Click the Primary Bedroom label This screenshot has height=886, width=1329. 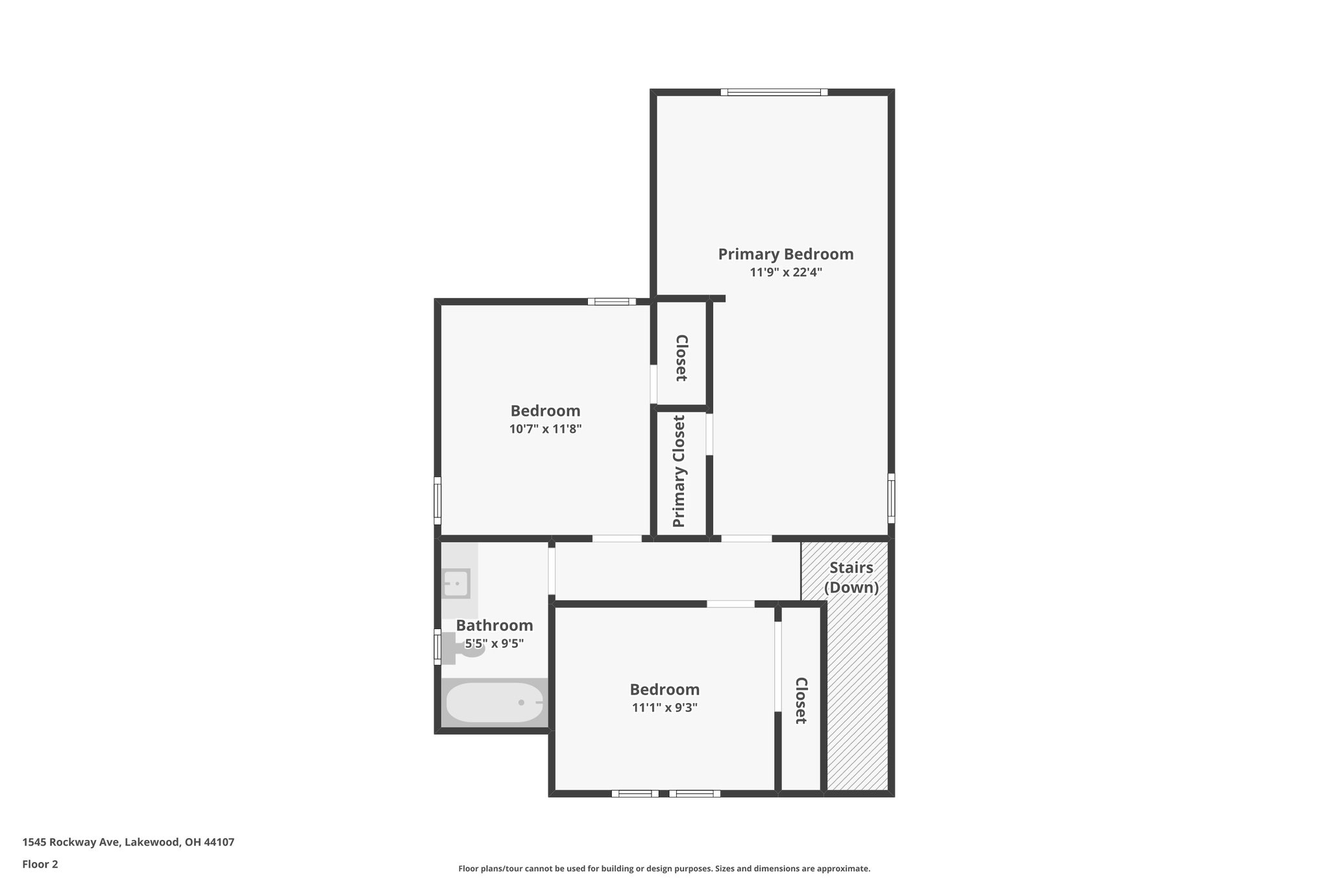pyautogui.click(x=785, y=254)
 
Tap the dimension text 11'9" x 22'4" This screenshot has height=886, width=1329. pyautogui.click(x=785, y=273)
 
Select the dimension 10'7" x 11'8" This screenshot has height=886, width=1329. pyautogui.click(x=545, y=429)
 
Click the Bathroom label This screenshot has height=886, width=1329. pyautogui.click(x=494, y=626)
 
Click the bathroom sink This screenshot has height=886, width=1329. pyautogui.click(x=456, y=584)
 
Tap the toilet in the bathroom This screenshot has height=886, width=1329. pyautogui.click(x=465, y=648)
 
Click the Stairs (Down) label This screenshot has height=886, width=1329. pyautogui.click(x=851, y=577)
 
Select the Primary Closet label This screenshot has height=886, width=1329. pyautogui.click(x=679, y=471)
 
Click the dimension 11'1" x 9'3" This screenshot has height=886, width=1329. pyautogui.click(x=664, y=708)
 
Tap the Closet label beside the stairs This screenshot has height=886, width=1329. pyautogui.click(x=801, y=700)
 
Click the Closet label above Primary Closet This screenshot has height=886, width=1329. pyautogui.click(x=681, y=358)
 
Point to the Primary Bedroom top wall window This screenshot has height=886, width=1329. pyautogui.click(x=774, y=92)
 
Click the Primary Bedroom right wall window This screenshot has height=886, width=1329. pyautogui.click(x=891, y=498)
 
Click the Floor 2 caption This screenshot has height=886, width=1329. pyautogui.click(x=40, y=864)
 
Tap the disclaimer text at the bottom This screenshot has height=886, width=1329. pyautogui.click(x=664, y=868)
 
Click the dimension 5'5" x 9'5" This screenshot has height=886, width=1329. pyautogui.click(x=494, y=644)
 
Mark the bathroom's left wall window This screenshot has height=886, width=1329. pyautogui.click(x=437, y=646)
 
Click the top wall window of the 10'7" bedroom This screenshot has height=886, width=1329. pyautogui.click(x=612, y=301)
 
